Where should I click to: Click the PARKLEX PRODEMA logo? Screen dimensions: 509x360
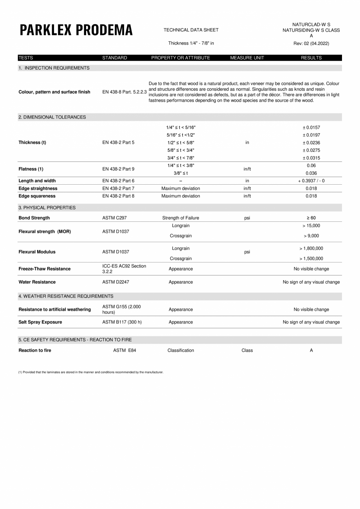coord(76,30)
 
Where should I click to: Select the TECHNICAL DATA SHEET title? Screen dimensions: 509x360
coord(191,30)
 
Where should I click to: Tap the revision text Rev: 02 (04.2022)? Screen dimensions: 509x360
coord(311,43)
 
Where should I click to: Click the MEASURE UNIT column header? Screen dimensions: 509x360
coord(247,58)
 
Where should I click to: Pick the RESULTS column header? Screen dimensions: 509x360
coord(311,58)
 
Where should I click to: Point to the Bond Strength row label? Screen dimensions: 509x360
coord(34,218)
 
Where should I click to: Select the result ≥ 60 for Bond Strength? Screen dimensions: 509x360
coord(311,218)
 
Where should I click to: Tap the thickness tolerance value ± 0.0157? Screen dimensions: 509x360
coord(311,128)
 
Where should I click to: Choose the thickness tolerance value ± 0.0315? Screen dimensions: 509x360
coord(311,158)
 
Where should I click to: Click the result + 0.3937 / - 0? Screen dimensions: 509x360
coord(311,181)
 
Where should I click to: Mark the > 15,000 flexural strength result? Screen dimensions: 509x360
coord(311,226)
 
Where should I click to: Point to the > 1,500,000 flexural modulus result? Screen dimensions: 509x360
coord(311,259)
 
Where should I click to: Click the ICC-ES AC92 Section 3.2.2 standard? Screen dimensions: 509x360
coord(124,269)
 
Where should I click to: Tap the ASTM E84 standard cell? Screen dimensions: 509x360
coord(124,351)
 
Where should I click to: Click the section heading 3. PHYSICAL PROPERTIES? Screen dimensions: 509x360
coord(47,208)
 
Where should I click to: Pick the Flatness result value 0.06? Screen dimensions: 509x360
coord(311,165)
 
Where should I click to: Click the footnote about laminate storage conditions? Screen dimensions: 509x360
coord(91,372)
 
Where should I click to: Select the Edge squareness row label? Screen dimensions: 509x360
coord(37,196)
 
